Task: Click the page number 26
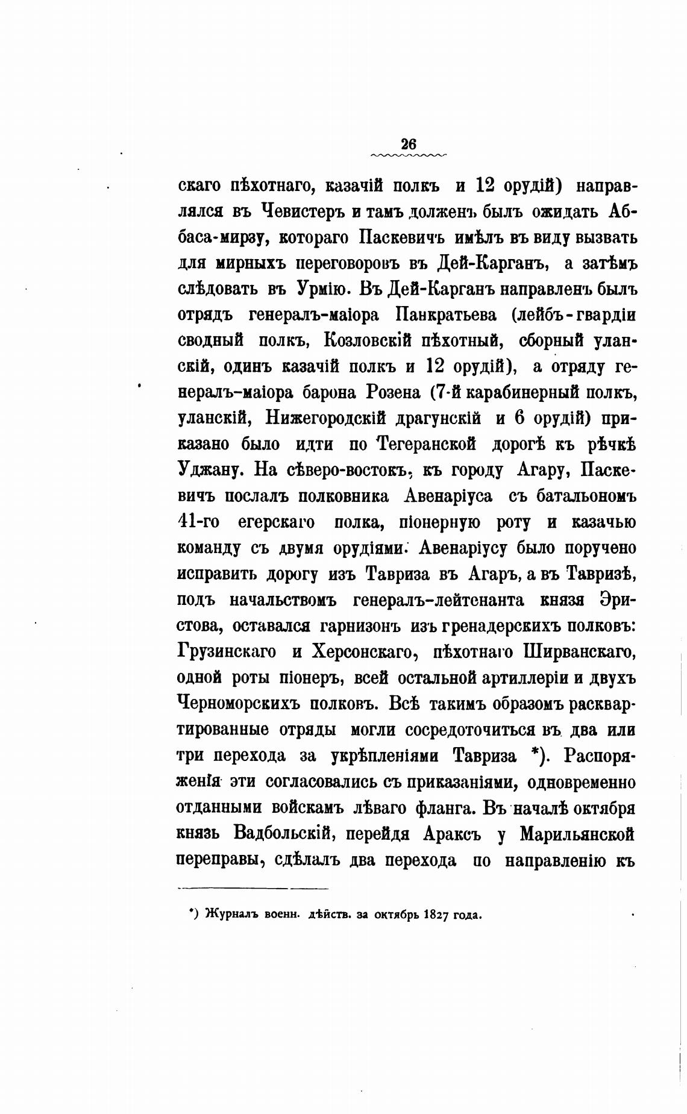click(408, 145)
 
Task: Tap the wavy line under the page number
click(409, 155)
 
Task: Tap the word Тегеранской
click(427, 444)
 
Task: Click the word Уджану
click(209, 470)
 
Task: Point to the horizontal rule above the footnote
click(253, 887)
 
